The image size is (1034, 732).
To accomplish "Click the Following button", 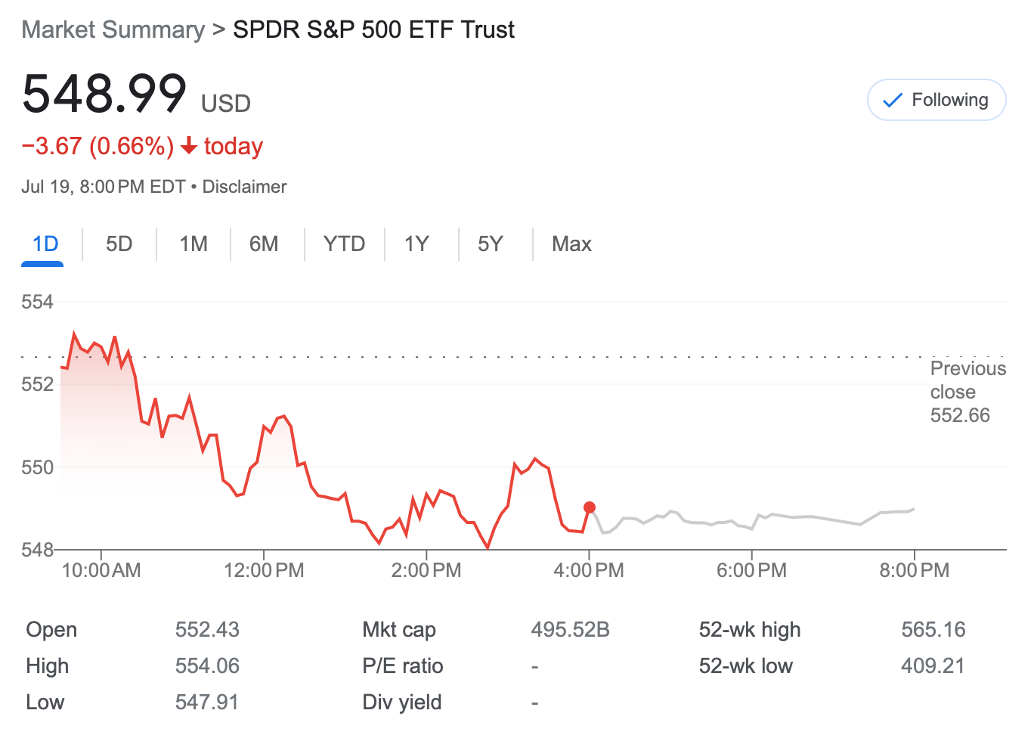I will [936, 100].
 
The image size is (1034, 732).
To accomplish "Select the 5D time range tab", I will [119, 243].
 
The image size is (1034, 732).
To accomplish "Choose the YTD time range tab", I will [344, 243].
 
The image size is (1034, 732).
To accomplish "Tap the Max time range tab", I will [571, 243].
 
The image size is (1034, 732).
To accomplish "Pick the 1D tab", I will [45, 243].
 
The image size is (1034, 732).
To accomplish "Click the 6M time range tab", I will [264, 243].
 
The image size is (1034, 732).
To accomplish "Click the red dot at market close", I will [590, 507].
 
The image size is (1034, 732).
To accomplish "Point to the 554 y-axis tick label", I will [37, 302].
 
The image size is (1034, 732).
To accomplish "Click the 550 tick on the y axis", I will [37, 467].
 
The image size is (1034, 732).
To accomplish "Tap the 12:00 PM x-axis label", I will [264, 570].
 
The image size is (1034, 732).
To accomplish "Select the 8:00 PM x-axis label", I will [914, 570].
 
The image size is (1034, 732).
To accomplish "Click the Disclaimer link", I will [244, 187].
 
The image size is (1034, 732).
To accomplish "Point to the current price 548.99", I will [104, 94].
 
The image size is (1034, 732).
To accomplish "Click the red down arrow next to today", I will [189, 145].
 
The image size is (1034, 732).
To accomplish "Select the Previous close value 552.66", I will [960, 415].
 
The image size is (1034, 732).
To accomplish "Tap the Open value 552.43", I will [207, 629].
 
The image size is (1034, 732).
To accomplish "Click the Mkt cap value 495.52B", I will [570, 629].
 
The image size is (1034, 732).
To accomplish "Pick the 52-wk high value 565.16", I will [933, 629].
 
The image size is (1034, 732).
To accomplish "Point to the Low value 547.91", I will [207, 702].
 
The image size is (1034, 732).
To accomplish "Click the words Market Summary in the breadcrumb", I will [113, 29].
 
